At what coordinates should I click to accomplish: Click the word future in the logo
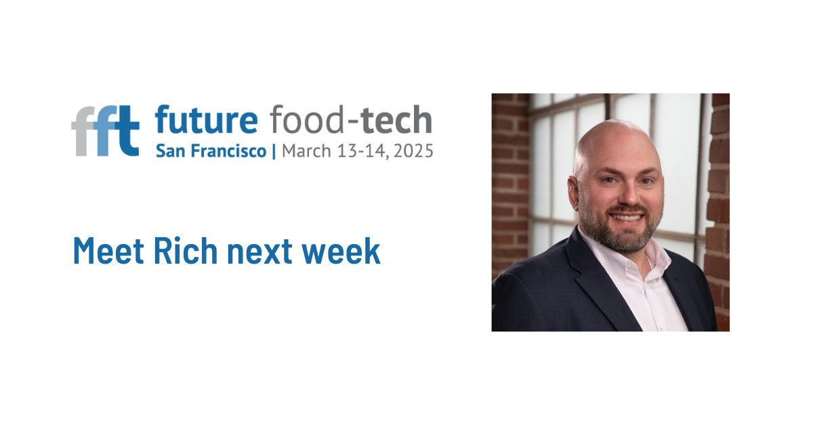pos(206,121)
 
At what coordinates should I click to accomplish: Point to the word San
pos(168,150)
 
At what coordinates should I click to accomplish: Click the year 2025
pos(413,150)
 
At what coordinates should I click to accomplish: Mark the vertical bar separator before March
pos(274,151)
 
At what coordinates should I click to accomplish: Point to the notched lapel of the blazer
pos(583,271)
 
